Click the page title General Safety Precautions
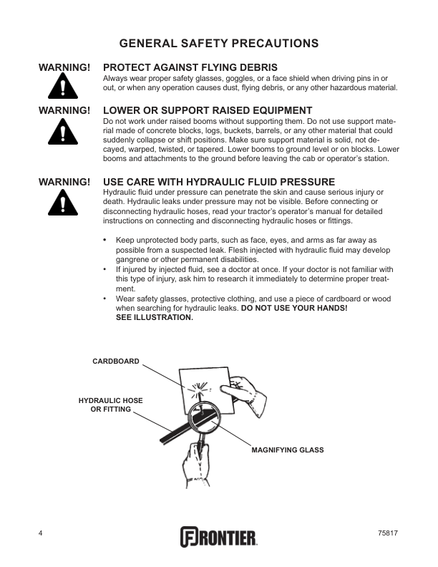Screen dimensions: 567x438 [x=219, y=44]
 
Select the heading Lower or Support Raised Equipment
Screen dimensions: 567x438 [x=208, y=111]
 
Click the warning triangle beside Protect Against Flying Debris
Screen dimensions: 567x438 [x=64, y=89]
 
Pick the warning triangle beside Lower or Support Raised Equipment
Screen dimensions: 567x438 [x=64, y=132]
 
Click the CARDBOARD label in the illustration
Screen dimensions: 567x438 [x=116, y=362]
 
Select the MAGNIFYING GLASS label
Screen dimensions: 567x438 [x=287, y=450]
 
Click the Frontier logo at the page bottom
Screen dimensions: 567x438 [x=218, y=536]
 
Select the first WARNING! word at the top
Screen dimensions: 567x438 [x=64, y=67]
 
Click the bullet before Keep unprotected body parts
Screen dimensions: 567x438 [x=105, y=240]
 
